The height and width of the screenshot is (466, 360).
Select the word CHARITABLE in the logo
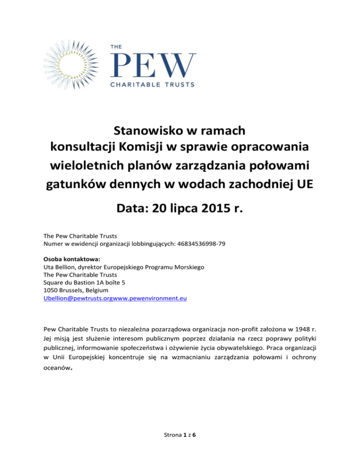coord(135,84)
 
